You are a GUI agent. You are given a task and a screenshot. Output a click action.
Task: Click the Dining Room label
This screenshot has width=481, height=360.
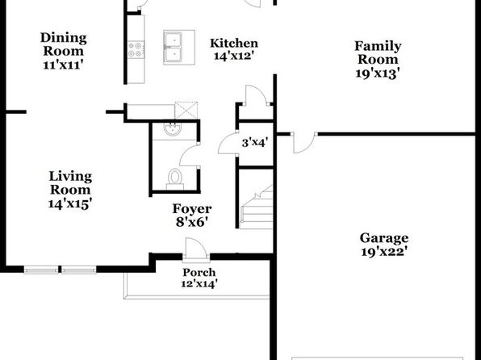coord(64,44)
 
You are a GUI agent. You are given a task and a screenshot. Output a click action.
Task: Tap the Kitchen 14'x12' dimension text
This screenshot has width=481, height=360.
coord(233,57)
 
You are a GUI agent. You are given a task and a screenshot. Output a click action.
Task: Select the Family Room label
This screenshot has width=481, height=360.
coord(378,52)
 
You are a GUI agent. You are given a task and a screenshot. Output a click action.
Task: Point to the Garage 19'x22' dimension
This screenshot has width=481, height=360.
coord(384,252)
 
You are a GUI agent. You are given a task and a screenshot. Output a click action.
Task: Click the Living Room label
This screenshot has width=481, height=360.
coord(70,183)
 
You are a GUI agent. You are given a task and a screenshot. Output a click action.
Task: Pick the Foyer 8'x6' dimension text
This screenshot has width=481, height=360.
coord(192,222)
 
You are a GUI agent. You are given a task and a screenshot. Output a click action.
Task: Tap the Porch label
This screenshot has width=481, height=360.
coord(199,272)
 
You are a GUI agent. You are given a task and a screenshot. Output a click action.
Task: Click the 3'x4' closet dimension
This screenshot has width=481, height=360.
coord(255,143)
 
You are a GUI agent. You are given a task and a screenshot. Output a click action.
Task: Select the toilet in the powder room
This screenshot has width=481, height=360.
coord(175,179)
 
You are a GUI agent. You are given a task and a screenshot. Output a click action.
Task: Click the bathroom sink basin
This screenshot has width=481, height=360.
coord(173,129)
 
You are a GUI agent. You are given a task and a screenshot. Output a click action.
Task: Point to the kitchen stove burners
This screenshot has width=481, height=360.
coord(136,49)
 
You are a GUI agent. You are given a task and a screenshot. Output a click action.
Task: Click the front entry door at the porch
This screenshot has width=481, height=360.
coord(196,250)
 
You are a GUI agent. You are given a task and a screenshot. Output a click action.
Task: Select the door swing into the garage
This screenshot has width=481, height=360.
coord(303,143)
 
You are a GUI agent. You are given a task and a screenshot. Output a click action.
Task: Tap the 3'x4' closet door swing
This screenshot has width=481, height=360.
coord(228,144)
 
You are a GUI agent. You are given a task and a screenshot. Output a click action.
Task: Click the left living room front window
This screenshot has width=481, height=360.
coord(41,270)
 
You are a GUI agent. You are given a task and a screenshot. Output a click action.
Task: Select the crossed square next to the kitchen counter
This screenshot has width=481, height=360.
coord(186,111)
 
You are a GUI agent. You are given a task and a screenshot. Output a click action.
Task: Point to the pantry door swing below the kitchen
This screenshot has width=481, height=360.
coord(257,95)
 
